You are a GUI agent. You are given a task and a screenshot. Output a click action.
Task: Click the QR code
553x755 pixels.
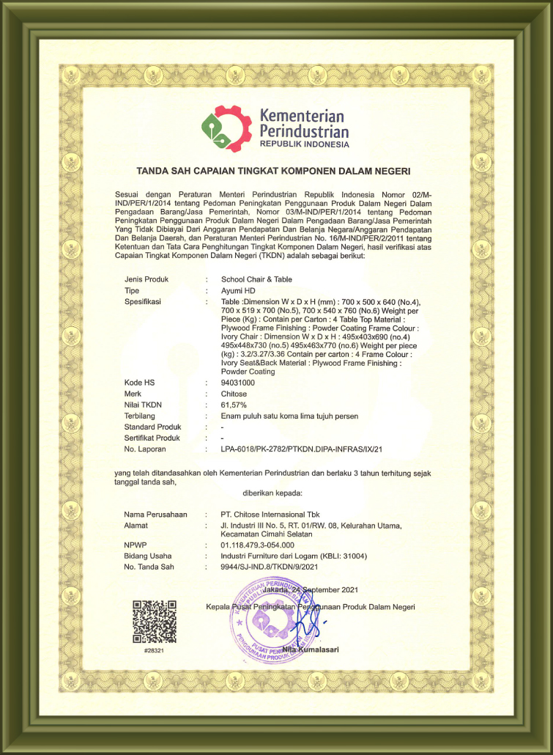tap(155, 622)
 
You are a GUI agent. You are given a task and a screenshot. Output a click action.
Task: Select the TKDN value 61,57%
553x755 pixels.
tap(234, 405)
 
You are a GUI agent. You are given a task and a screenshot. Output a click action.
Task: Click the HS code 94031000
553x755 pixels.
tap(238, 383)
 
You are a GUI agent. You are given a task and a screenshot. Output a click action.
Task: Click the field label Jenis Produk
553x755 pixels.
tap(146, 279)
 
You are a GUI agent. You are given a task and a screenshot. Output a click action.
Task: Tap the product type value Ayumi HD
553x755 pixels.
tap(238, 290)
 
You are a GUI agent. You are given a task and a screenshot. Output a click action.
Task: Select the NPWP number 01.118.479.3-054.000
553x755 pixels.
tap(257, 545)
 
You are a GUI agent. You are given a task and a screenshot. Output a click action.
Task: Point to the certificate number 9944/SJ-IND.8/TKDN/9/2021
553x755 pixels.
tap(270, 567)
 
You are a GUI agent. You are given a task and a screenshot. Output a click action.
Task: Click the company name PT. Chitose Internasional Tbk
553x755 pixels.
tap(275, 514)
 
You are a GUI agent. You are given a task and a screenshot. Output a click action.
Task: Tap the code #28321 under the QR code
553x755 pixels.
tap(154, 651)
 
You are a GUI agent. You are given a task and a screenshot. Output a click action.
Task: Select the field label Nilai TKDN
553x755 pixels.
tap(144, 405)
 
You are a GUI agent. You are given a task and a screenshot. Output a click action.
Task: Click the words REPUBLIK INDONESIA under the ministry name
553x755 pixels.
tap(304, 144)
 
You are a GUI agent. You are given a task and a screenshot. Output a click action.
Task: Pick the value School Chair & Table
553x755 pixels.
tap(256, 279)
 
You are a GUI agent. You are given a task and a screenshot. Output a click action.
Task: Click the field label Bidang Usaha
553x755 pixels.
tap(148, 556)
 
